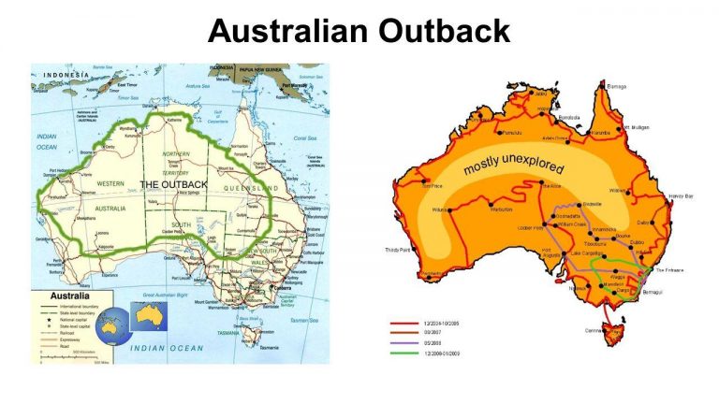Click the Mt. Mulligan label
(635, 127)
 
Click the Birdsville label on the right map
(568, 203)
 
